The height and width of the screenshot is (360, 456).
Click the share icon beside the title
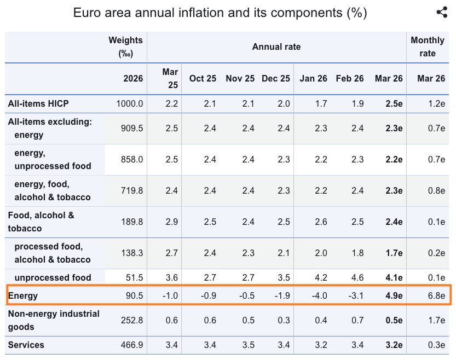(x=442, y=13)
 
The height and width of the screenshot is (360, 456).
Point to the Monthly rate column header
(x=428, y=47)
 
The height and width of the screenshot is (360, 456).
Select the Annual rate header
(x=276, y=47)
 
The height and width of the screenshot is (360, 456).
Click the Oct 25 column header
(x=203, y=78)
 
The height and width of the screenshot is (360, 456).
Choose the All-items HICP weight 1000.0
(x=130, y=103)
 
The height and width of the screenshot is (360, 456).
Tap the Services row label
(x=26, y=345)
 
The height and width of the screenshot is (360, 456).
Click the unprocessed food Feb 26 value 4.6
(x=350, y=277)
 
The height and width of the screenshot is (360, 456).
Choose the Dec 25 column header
(x=276, y=78)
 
